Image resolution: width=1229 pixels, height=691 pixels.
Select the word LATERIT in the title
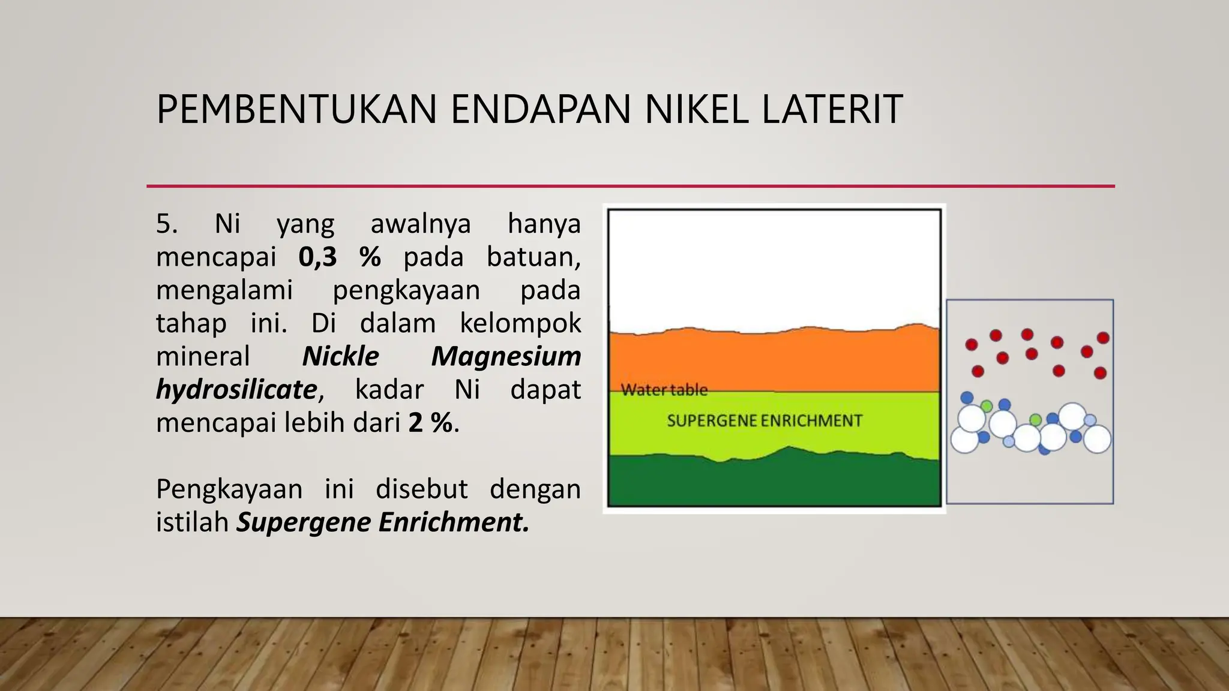coord(832,109)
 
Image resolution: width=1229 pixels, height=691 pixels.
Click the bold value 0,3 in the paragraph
coord(317,257)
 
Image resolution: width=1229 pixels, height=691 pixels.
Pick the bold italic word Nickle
coord(340,356)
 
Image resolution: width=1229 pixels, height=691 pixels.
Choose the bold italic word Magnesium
coord(506,356)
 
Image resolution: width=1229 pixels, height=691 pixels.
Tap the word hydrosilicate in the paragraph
coord(236,390)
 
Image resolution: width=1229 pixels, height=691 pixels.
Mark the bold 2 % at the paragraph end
coord(431,423)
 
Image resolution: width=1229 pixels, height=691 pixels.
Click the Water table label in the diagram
coord(664,390)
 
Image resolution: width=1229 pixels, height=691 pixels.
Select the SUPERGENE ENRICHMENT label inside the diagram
coord(765,420)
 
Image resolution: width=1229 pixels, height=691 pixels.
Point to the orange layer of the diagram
coord(774,360)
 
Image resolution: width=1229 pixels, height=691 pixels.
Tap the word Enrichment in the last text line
coord(454,522)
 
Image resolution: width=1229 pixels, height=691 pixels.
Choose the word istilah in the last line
coord(192,522)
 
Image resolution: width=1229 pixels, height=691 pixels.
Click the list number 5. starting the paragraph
coord(167,224)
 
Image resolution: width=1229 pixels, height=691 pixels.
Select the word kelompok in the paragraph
coord(520,323)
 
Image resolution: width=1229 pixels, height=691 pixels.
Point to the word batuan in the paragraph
coord(533,257)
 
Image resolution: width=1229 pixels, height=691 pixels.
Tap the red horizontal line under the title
coord(630,186)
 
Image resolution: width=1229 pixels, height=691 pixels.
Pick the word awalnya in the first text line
coord(421,224)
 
